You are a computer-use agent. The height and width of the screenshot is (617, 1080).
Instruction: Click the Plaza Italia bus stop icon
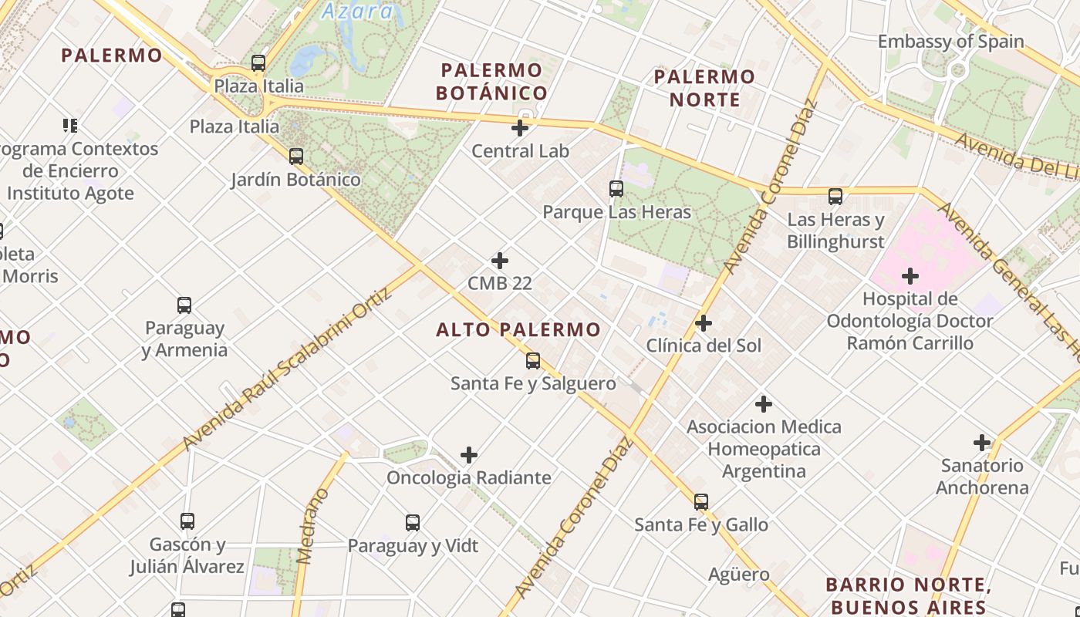(258, 63)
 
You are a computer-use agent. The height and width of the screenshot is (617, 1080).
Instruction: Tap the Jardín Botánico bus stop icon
(296, 157)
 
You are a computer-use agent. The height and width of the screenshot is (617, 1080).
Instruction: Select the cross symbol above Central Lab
(521, 128)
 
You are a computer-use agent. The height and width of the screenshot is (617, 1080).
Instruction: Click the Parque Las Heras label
(616, 212)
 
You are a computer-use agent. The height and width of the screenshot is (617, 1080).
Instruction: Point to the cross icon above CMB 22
(500, 261)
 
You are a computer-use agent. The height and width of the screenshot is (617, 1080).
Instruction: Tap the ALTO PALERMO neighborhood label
(518, 330)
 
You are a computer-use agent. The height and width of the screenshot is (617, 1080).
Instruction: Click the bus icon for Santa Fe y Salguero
(533, 360)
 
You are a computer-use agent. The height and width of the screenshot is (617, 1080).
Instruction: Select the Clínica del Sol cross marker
(704, 323)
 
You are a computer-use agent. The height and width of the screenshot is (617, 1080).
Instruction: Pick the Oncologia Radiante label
(469, 477)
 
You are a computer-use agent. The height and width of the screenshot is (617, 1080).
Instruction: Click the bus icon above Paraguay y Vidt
(413, 523)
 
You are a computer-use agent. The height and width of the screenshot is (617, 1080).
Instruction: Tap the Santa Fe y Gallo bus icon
(701, 502)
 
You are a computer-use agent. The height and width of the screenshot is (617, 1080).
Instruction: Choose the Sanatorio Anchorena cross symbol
(982, 443)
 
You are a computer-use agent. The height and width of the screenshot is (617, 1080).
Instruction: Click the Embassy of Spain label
(951, 42)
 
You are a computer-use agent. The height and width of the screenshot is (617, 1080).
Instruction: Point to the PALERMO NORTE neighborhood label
(704, 88)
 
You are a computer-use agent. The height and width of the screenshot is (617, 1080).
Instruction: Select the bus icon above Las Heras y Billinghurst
(835, 197)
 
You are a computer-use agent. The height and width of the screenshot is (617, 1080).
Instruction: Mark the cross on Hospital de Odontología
(910, 275)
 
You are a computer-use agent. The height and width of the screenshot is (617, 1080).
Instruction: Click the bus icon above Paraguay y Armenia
(184, 305)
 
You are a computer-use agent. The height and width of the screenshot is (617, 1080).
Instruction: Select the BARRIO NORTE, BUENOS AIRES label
(906, 595)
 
